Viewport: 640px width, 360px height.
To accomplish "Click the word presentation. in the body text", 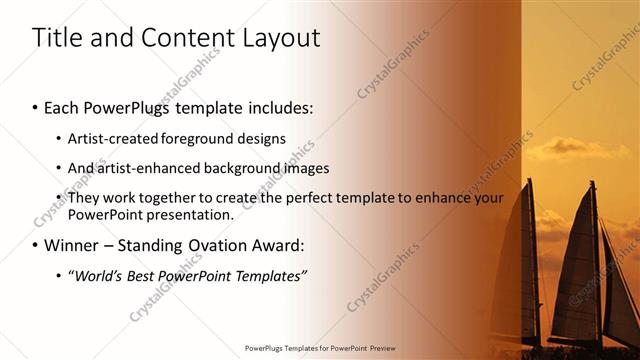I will [x=194, y=214].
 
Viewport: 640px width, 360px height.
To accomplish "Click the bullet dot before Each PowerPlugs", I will [x=36, y=107].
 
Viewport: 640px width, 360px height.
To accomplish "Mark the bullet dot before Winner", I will [x=36, y=245].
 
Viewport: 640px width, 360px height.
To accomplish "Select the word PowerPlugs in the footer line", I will [x=269, y=348].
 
